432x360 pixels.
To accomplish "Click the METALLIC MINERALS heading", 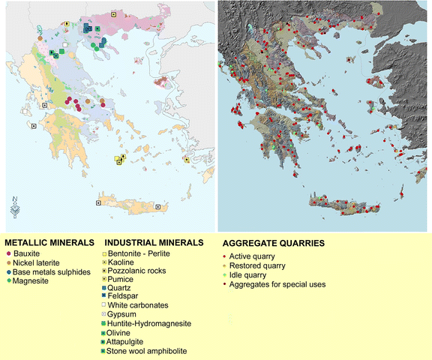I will point(50,244).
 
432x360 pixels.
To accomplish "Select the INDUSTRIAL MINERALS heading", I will point(154,244).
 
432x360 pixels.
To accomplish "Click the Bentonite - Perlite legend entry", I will point(145,253).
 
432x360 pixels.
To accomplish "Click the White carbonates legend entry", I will point(143,305).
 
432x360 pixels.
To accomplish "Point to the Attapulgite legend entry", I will point(132,341).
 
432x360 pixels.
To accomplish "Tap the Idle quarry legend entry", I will point(248,275).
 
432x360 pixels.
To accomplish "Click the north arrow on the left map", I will point(16,205).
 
